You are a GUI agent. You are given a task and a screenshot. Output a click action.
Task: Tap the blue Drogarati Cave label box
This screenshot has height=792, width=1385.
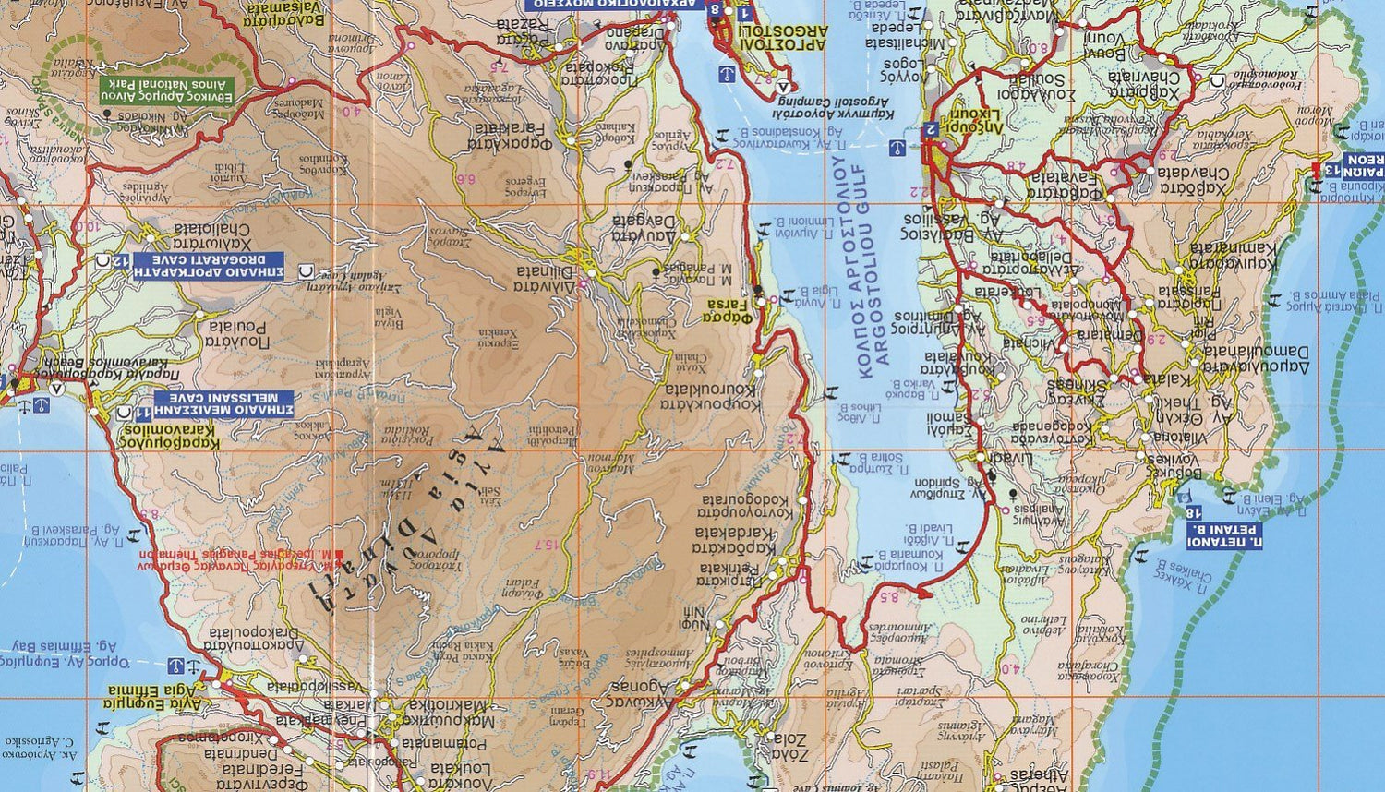click(220, 265)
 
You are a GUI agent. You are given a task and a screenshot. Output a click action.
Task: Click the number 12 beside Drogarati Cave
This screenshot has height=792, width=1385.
click(118, 263)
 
